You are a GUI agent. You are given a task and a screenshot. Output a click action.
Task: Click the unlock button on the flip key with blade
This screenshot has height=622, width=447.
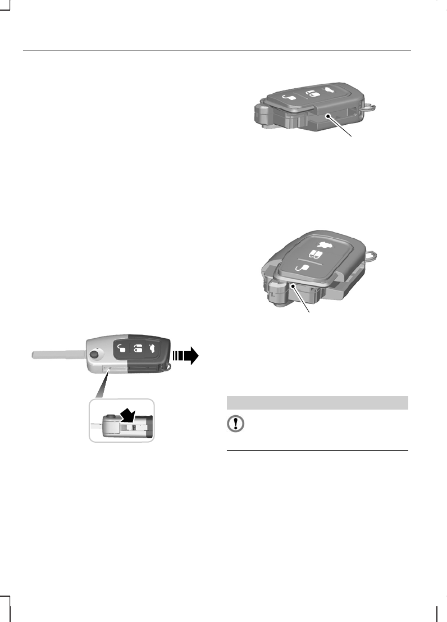(x=121, y=348)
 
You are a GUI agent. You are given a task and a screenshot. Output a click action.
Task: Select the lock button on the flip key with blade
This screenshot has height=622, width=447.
(x=136, y=348)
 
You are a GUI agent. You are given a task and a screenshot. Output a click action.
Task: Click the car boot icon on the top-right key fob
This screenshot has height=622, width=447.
(x=329, y=90)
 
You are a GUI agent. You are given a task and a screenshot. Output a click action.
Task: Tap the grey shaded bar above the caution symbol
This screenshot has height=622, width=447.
(x=317, y=403)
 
